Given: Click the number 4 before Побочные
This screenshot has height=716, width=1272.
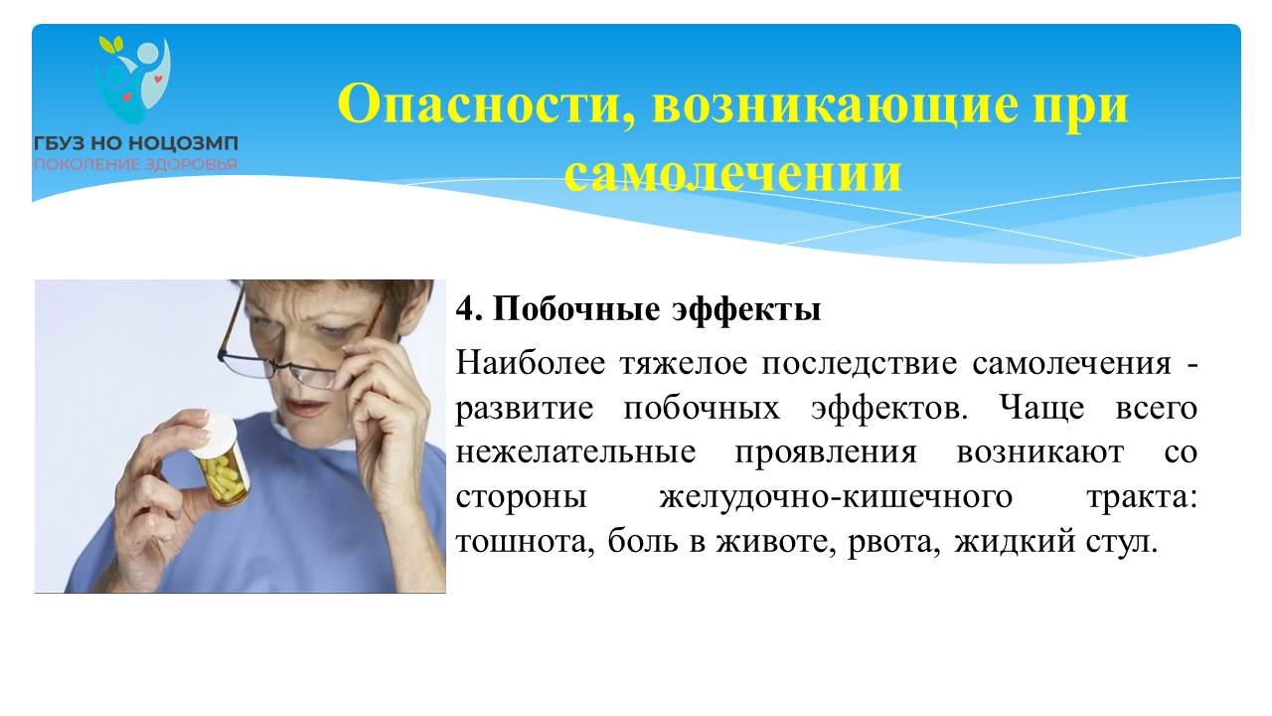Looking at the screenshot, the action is tap(466, 309).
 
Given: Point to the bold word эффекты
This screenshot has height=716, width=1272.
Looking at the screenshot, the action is tap(745, 310).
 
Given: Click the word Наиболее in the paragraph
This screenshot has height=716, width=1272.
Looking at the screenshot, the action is tap(531, 363).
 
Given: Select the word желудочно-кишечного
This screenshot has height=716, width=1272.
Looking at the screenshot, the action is tap(836, 497).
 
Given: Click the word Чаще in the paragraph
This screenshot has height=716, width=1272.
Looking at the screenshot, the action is tap(1041, 408).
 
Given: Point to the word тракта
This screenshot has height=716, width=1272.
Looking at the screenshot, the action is tap(1142, 497).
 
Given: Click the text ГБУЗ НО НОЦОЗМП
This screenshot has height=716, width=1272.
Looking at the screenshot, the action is tap(136, 143).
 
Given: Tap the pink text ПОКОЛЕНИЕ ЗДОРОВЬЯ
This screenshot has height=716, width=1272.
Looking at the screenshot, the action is tap(136, 165).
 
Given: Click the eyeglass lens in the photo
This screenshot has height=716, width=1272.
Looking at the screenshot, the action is tap(313, 376).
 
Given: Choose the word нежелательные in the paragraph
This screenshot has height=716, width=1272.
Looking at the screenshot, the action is tap(575, 452).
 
